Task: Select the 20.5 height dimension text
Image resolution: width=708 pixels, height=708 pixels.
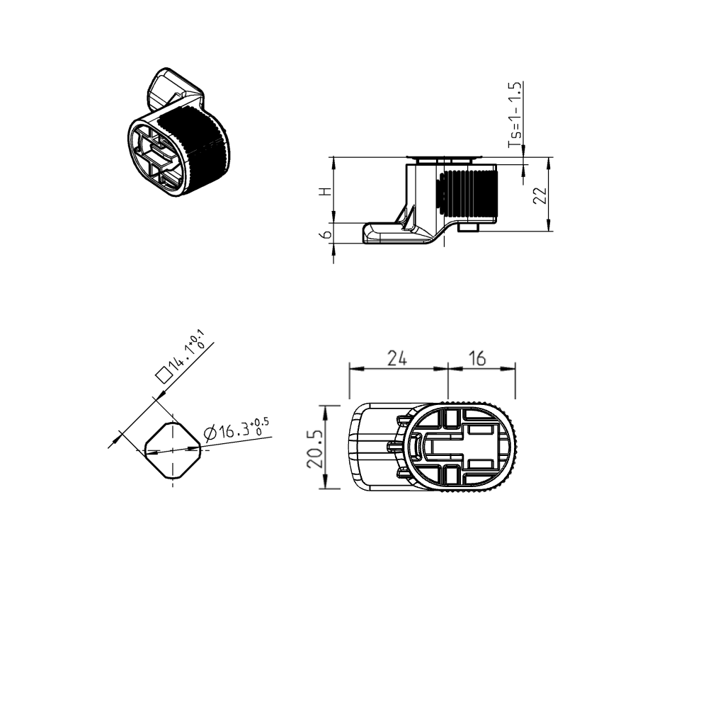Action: point(315,448)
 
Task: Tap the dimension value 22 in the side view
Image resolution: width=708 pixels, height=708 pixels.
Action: point(540,196)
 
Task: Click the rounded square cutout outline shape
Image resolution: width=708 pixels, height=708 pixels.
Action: point(173,450)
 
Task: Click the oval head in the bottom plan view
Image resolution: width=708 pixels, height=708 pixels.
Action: point(463,447)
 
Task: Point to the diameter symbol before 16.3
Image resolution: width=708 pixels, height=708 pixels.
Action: point(210,433)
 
